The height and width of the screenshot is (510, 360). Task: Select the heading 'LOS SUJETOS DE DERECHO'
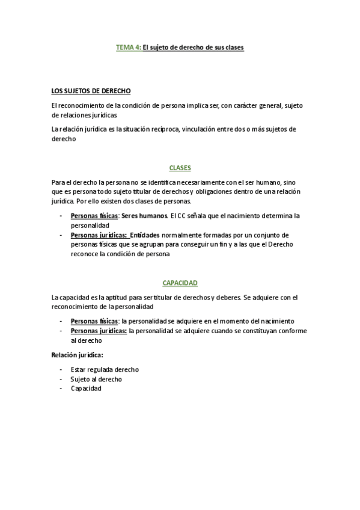point(87,92)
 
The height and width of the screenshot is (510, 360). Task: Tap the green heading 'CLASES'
point(180,168)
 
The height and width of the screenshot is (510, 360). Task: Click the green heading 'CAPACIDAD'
point(180,283)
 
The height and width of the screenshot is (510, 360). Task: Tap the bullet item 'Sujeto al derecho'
point(96,379)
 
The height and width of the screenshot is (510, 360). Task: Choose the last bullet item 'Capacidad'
point(86,389)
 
